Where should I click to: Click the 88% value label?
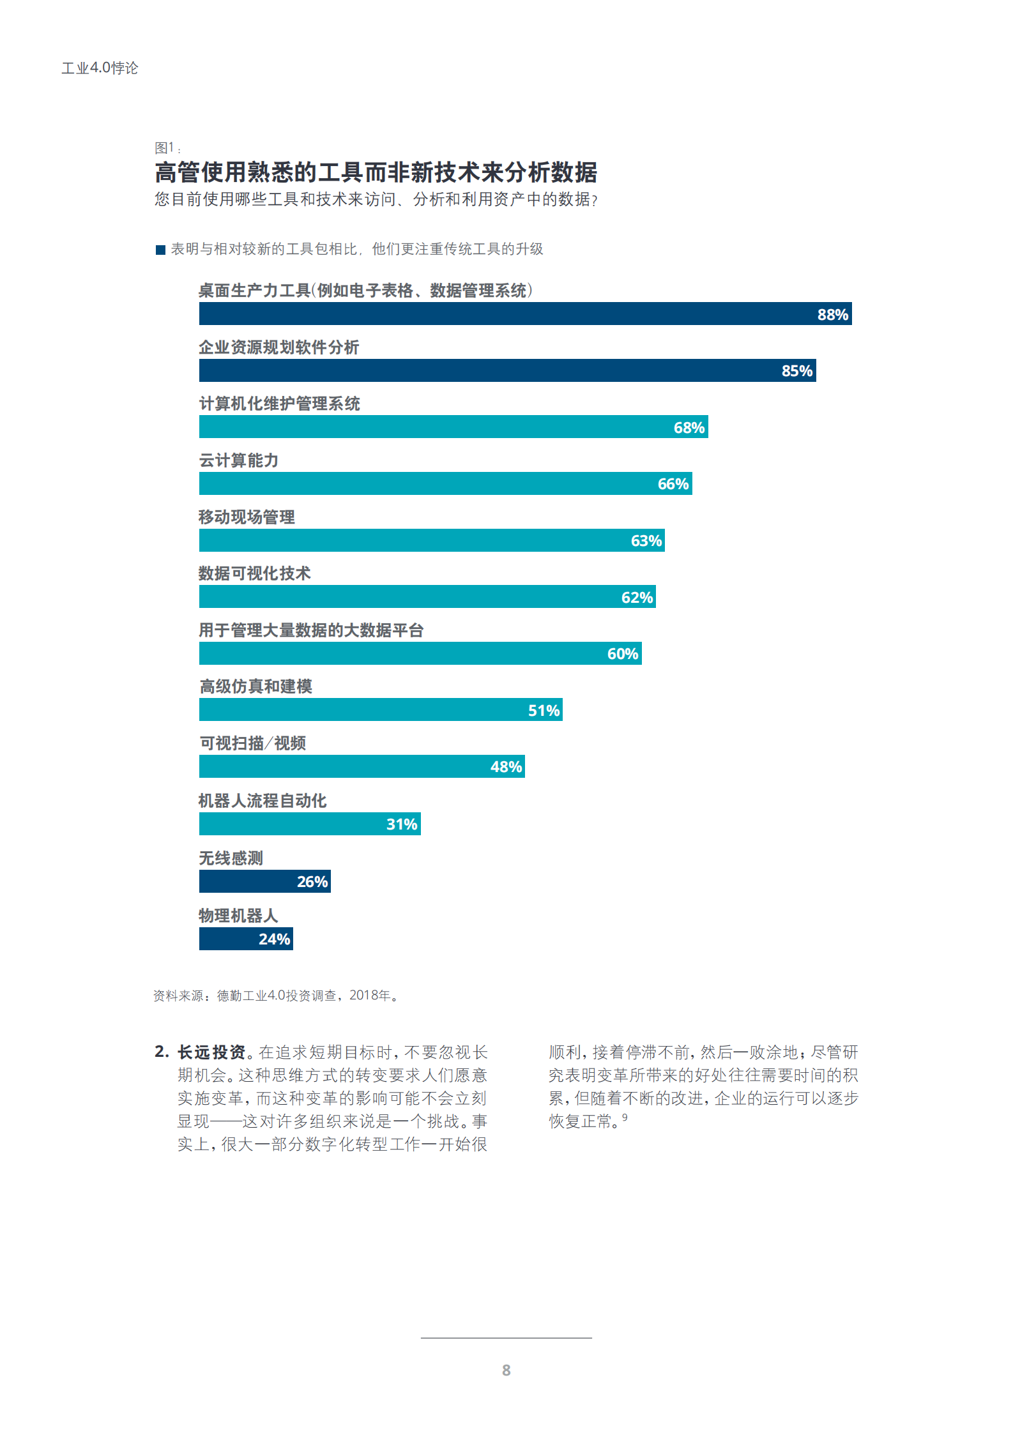(832, 314)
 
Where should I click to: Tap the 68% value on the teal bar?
(689, 427)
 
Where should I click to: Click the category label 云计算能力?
(238, 460)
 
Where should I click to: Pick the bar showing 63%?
(431, 540)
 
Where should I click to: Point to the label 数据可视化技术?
(254, 573)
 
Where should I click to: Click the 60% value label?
(622, 653)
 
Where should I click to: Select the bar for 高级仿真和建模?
(380, 709)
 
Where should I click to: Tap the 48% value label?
(506, 766)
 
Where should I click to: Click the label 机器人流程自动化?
(263, 801)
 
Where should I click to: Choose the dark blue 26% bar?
(264, 881)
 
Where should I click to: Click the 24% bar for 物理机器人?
(246, 939)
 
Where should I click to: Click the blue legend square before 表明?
(160, 250)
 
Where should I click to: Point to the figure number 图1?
(165, 148)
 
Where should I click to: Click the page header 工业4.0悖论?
(100, 68)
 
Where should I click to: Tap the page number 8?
(506, 1370)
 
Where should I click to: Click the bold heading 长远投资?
(211, 1052)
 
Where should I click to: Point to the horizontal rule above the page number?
(506, 1337)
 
